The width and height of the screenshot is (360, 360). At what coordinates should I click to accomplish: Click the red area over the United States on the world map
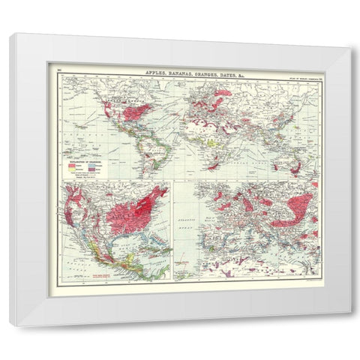(135, 112)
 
